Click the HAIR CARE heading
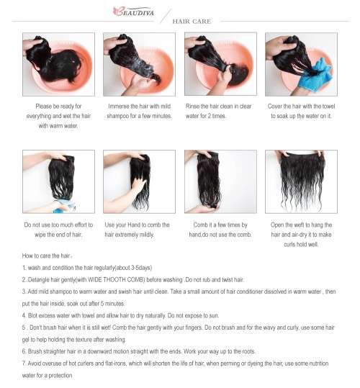pos(192,22)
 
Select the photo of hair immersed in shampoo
pos(139,65)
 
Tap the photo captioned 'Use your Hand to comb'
pos(139,181)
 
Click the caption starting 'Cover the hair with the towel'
pos(301,106)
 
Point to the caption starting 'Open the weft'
pos(301,225)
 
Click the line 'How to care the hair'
pos(48,256)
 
